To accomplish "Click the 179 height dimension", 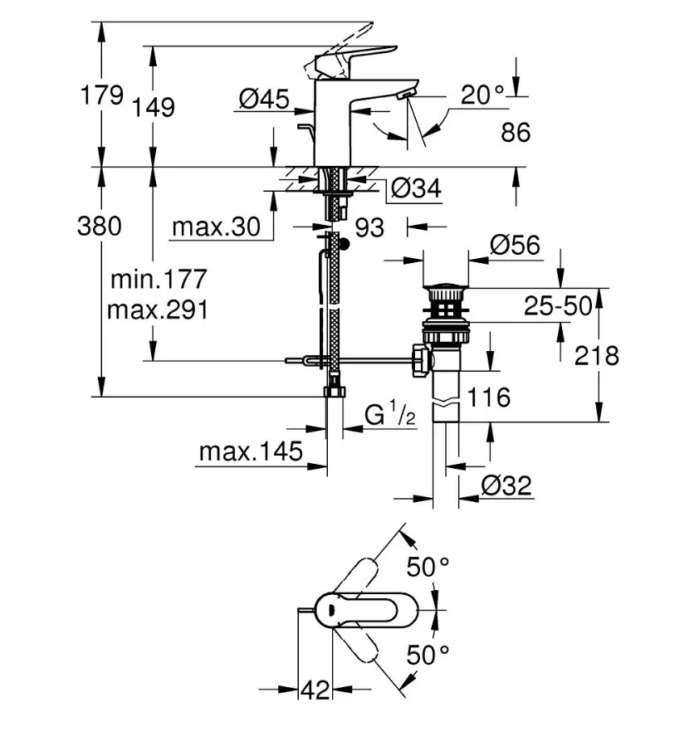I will (x=100, y=95).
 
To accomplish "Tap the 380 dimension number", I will (x=99, y=225).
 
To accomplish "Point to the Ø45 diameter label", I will (x=263, y=100).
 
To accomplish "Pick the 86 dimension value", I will (x=516, y=132).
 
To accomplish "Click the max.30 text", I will (x=216, y=226).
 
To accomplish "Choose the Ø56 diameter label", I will (x=515, y=246).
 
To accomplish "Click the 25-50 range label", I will (x=558, y=306).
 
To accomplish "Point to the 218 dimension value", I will (x=597, y=356).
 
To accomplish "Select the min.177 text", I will (x=158, y=280).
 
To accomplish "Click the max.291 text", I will (x=158, y=310).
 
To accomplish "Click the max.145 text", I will (x=250, y=452).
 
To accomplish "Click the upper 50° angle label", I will (x=428, y=567).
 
